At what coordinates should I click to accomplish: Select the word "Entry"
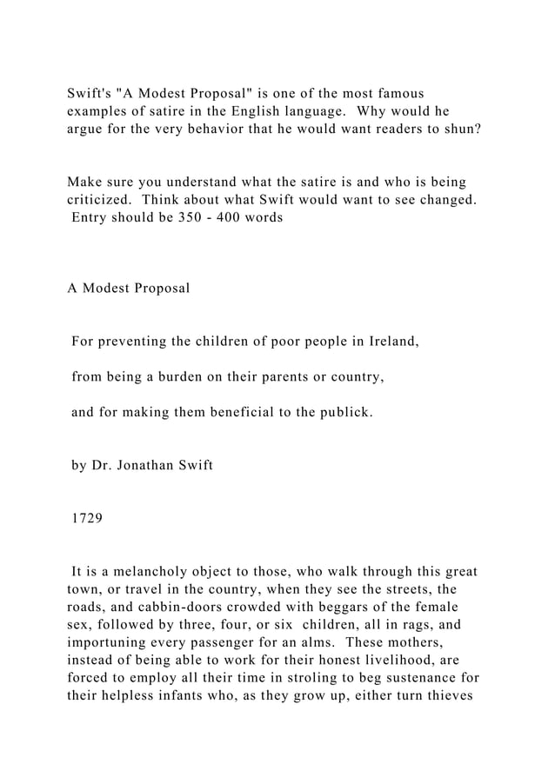pyautogui.click(x=90, y=218)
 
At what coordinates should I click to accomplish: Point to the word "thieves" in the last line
pyautogui.click(x=445, y=699)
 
